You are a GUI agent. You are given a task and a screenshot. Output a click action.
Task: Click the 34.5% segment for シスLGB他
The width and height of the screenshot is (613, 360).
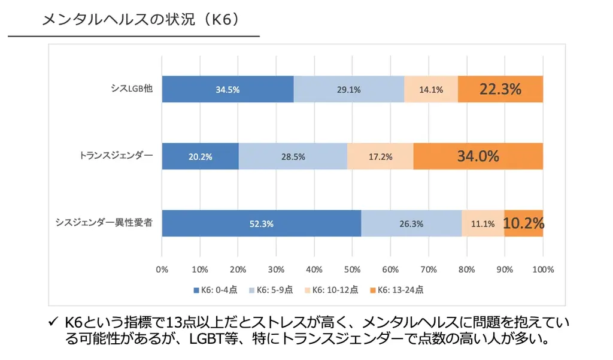click(x=227, y=90)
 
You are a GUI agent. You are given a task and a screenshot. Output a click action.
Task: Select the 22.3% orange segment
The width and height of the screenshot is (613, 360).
click(x=500, y=89)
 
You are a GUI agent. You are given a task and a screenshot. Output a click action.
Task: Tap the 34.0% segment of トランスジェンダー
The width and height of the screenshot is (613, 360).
click(x=478, y=156)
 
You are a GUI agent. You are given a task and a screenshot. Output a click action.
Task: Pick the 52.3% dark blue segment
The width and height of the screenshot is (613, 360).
click(x=261, y=224)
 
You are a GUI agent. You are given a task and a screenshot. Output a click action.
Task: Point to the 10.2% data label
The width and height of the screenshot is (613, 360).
click(x=523, y=223)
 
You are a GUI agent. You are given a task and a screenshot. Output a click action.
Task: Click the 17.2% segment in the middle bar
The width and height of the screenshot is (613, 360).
click(x=380, y=157)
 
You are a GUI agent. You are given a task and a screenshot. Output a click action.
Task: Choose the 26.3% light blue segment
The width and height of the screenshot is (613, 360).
click(x=411, y=224)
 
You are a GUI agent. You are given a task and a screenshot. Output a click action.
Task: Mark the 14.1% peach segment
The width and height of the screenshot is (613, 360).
click(x=431, y=90)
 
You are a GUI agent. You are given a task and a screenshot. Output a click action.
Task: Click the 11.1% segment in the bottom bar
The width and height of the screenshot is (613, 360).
click(x=482, y=224)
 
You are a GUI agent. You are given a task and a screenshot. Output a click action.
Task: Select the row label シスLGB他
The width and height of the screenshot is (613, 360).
click(x=132, y=88)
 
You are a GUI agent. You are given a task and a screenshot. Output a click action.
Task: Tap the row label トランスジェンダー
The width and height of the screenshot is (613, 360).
click(x=116, y=155)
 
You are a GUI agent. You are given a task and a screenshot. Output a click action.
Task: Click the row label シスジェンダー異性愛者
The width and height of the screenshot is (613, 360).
click(x=104, y=222)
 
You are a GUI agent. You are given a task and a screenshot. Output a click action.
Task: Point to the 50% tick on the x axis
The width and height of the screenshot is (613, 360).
click(x=352, y=269)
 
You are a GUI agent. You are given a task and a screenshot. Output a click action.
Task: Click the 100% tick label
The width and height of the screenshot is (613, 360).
click(x=542, y=269)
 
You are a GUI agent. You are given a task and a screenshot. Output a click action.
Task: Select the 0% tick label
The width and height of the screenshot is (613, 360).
click(x=162, y=269)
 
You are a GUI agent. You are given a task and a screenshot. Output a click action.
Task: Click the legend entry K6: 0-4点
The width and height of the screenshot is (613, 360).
click(x=216, y=290)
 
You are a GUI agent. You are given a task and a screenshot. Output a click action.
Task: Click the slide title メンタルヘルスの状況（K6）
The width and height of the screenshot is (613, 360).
click(x=141, y=20)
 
